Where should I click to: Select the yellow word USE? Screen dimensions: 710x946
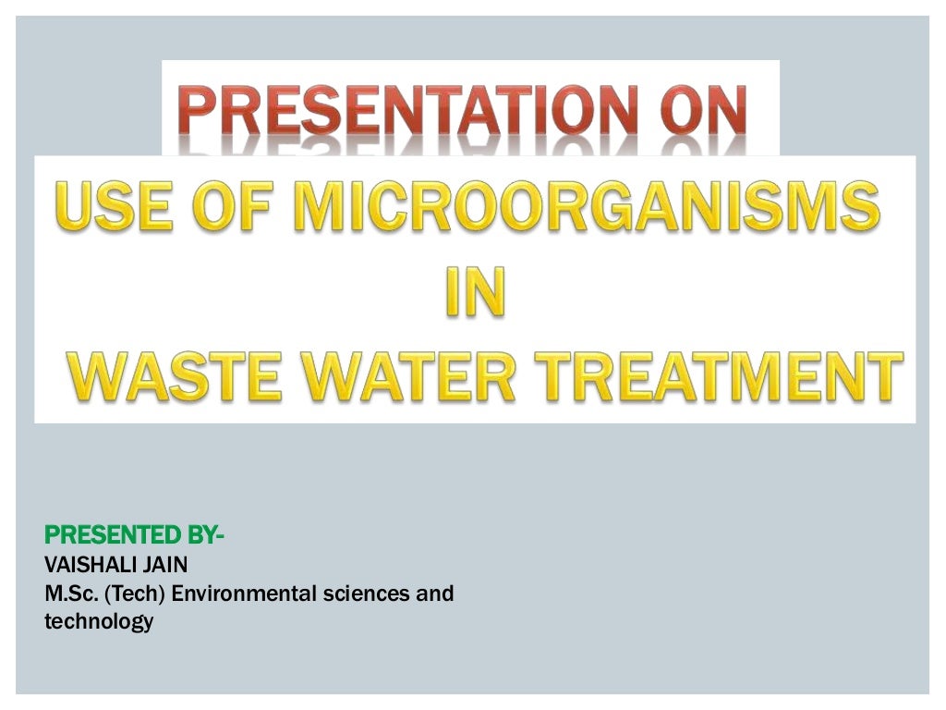pyautogui.click(x=112, y=206)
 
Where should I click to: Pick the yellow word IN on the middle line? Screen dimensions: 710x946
pyautogui.click(x=475, y=291)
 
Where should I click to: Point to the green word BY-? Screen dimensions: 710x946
pyautogui.click(x=206, y=535)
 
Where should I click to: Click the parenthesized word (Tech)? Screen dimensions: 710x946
pyautogui.click(x=132, y=594)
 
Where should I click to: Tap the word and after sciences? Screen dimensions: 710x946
pyautogui.click(x=434, y=594)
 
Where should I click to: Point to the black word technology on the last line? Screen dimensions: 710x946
pyautogui.click(x=98, y=622)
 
